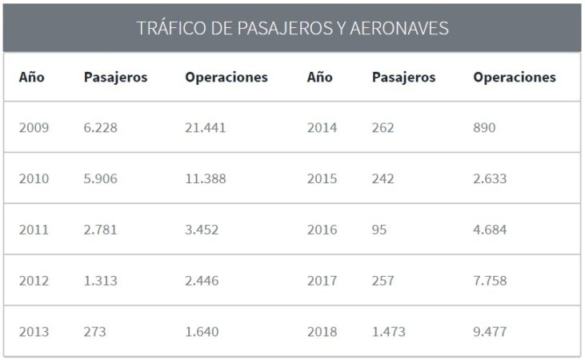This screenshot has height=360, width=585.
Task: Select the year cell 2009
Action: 34,128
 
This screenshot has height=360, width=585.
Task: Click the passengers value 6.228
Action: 100,128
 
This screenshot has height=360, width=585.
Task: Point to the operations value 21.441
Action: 206,128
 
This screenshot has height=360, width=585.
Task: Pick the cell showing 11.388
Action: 205,179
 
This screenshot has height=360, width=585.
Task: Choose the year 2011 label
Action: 34,230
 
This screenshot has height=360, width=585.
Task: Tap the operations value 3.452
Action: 202,230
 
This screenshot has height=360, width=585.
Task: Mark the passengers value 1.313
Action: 100,282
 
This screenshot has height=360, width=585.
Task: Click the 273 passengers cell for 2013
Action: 94,332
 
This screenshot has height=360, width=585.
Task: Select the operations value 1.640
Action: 202,332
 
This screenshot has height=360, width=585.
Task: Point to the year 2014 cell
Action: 322,128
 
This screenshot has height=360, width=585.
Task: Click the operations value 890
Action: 484,128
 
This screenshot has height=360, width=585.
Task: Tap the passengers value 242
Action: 383,179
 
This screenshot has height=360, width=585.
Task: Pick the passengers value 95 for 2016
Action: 379,230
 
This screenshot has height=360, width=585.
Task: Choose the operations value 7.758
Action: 490,282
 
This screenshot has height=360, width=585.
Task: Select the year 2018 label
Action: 322,332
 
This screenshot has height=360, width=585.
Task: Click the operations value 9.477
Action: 490,332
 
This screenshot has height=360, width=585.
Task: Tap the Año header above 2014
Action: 319,78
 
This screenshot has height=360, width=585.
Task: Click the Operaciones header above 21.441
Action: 226,78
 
